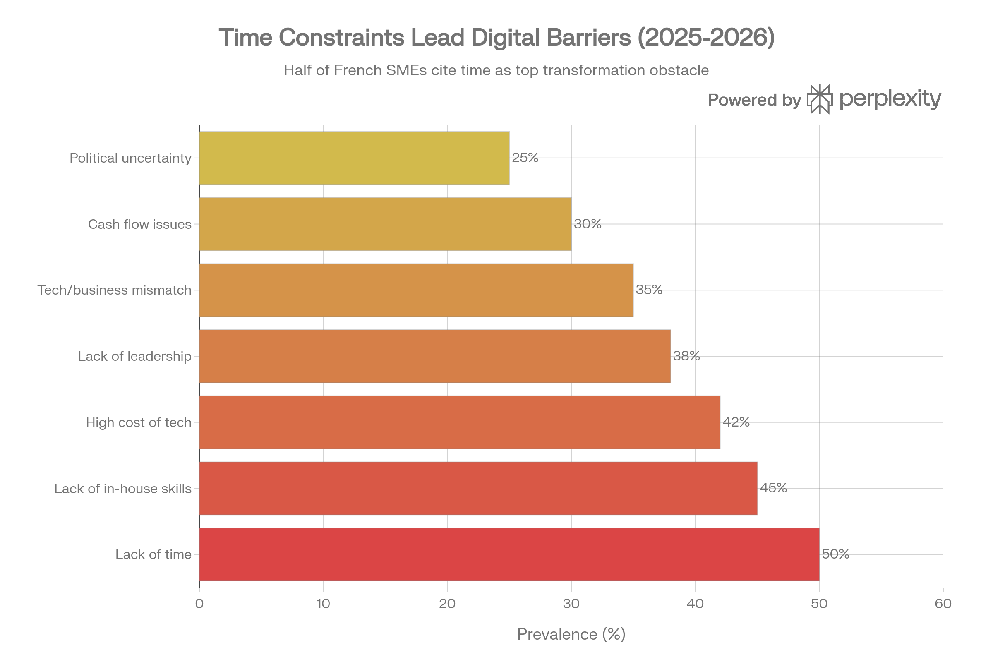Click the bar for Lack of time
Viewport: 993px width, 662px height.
pos(509,554)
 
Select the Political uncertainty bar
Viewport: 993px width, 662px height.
pos(354,158)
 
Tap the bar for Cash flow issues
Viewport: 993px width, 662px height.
pos(385,224)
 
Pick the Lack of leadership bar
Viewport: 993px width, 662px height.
pos(435,356)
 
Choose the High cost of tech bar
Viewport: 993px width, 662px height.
pos(460,422)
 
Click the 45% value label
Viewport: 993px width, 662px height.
pos(773,488)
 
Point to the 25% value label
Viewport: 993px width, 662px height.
pos(525,158)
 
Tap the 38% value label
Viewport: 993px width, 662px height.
pos(686,356)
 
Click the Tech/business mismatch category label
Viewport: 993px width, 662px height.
pos(115,290)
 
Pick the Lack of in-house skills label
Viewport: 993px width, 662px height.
pos(123,489)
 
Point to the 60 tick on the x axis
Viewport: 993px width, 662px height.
pos(943,604)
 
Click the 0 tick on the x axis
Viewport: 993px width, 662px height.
pos(199,604)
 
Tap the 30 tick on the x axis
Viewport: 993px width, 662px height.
pos(571,604)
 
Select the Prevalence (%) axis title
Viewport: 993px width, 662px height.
pos(571,634)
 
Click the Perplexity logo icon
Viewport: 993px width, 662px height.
pos(820,99)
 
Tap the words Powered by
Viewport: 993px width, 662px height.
pos(754,100)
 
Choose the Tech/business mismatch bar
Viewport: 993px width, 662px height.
pos(416,290)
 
